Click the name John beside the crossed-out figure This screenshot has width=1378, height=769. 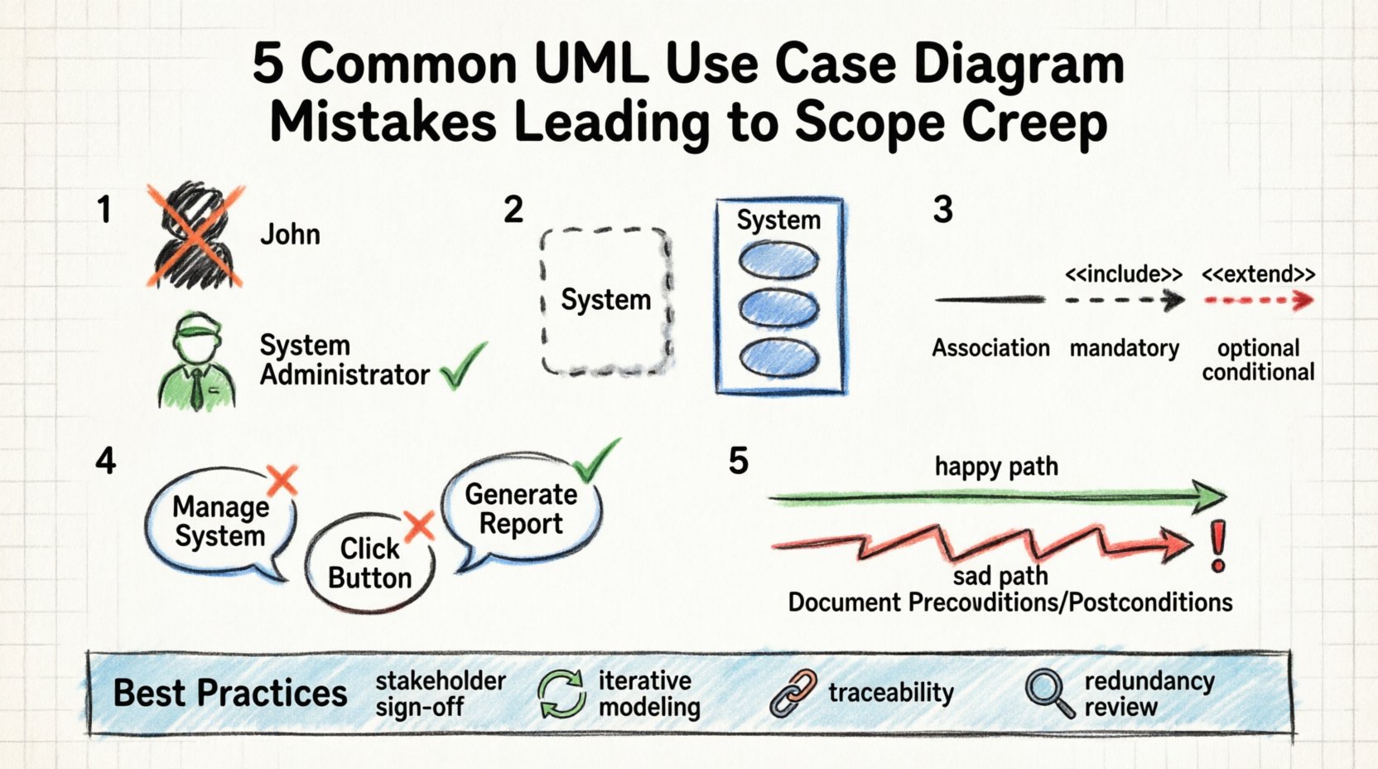pos(290,235)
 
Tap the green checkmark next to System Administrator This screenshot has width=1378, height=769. pos(464,367)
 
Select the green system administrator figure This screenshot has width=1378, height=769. pos(196,362)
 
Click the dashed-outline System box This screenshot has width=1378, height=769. pos(605,301)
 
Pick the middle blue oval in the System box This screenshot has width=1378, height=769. pos(778,308)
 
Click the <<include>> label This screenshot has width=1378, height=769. pos(1123,274)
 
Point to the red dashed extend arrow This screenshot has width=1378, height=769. pos(1259,301)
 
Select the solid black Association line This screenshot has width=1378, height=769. pos(990,301)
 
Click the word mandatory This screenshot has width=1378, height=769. pos(1124,348)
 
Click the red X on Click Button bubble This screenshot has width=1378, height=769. pos(419,525)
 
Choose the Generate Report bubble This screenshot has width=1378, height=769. pos(521,509)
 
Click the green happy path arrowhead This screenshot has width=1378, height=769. pos(1209,496)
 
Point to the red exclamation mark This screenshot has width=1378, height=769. pos(1217,546)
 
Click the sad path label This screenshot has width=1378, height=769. pos(1000,575)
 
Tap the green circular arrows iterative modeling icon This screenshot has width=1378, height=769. pos(561,694)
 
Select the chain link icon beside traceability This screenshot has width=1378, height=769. pos(793,694)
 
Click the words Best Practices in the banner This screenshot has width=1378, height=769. pos(230,694)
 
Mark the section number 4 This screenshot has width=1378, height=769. pos(105,461)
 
